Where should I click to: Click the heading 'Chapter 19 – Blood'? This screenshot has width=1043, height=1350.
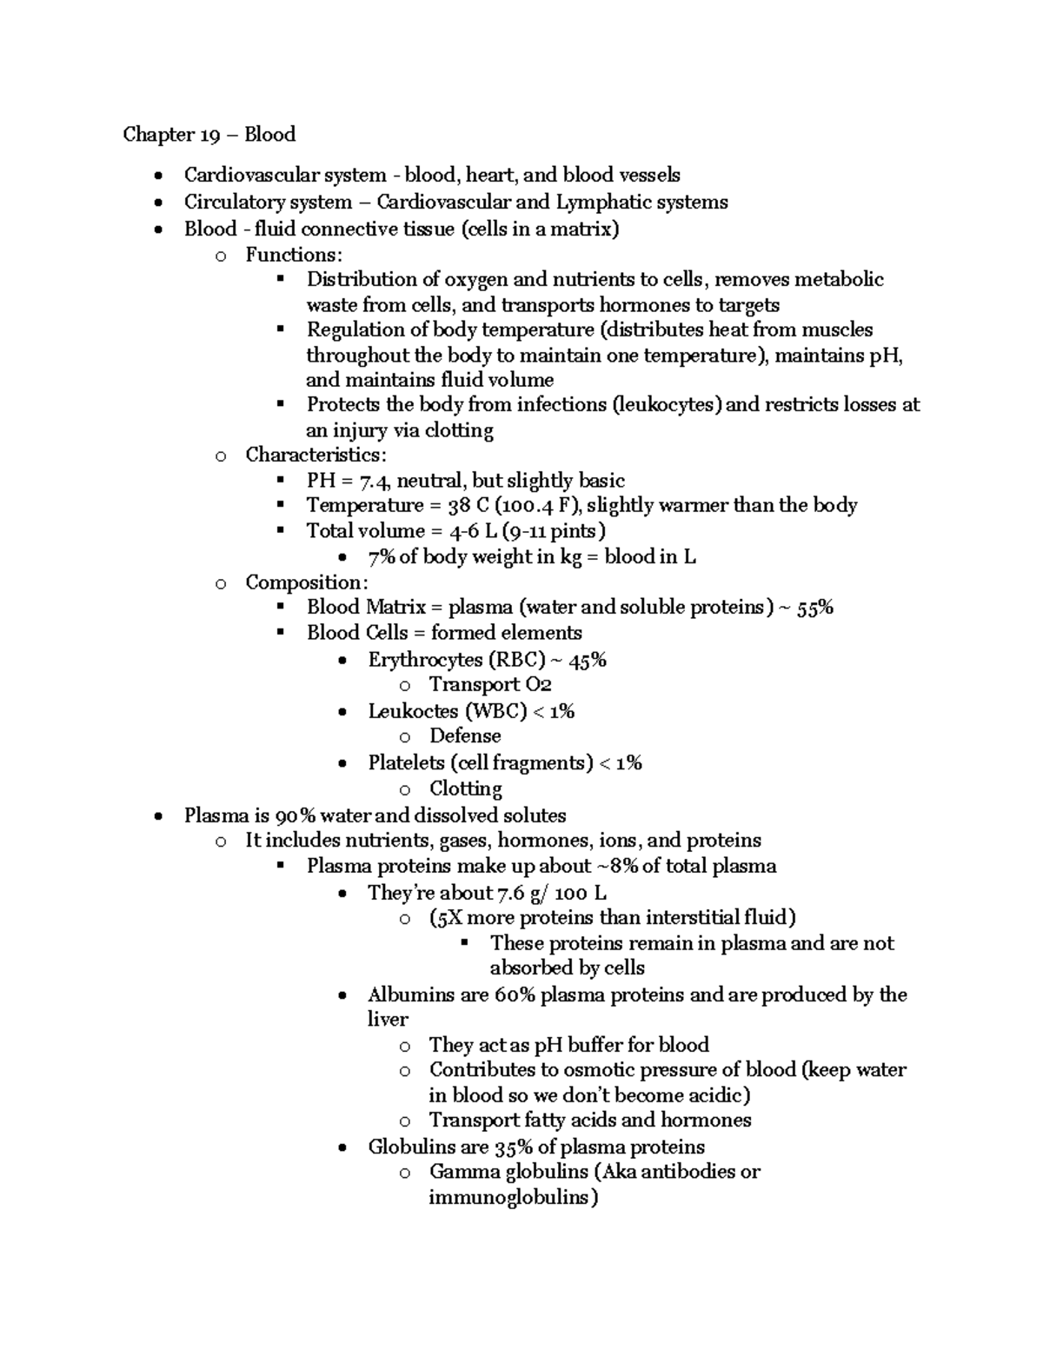pos(209,134)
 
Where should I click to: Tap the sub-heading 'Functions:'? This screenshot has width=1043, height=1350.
pos(294,255)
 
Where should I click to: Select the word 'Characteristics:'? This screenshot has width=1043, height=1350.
pos(316,455)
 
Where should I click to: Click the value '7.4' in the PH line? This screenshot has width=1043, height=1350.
pos(375,481)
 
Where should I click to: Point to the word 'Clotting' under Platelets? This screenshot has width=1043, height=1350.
pos(466,788)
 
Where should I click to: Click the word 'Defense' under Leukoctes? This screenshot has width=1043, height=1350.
pos(465,736)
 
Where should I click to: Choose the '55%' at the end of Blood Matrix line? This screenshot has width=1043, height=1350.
pos(814,608)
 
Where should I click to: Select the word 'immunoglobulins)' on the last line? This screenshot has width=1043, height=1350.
pos(514,1197)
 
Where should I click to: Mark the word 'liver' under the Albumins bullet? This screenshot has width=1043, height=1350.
pos(388,1019)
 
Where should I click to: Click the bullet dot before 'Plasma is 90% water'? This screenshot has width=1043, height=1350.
pos(156,816)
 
